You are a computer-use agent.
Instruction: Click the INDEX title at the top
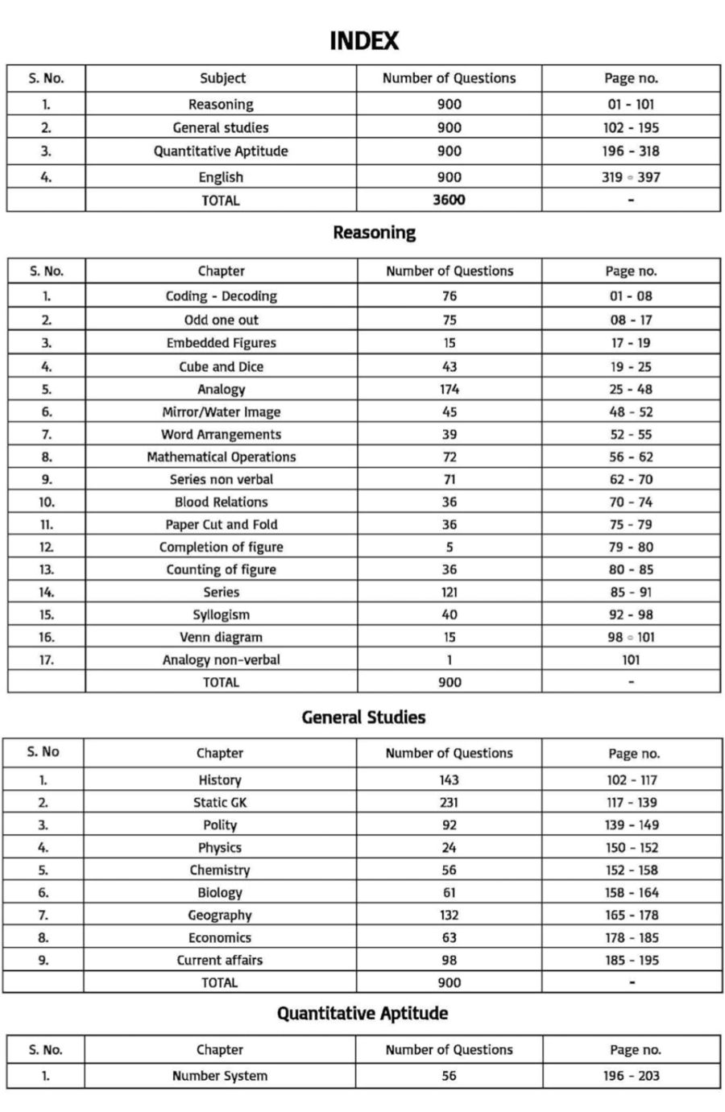click(363, 40)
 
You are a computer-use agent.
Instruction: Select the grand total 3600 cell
click(449, 200)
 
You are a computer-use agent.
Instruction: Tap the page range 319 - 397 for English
click(631, 177)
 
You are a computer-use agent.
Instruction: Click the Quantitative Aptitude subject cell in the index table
click(221, 151)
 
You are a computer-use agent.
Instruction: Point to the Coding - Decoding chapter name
click(221, 296)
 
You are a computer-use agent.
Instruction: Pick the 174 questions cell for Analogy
click(449, 389)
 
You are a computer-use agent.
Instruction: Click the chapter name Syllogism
click(221, 614)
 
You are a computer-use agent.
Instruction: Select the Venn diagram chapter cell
click(221, 637)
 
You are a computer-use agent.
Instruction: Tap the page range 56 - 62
click(631, 457)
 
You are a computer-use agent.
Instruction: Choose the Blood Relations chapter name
click(221, 502)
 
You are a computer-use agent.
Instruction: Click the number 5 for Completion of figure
click(449, 547)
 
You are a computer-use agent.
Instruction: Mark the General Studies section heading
click(363, 717)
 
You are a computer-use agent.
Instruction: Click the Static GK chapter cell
click(220, 802)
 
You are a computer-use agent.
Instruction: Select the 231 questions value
click(449, 802)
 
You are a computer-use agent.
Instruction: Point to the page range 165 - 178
click(632, 915)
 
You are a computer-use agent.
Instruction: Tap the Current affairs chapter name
click(220, 960)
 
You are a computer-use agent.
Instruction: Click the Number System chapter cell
click(220, 1076)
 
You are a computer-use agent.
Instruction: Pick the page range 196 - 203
click(632, 1076)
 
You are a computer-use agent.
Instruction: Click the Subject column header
click(222, 78)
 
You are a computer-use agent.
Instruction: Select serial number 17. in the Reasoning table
click(47, 659)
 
